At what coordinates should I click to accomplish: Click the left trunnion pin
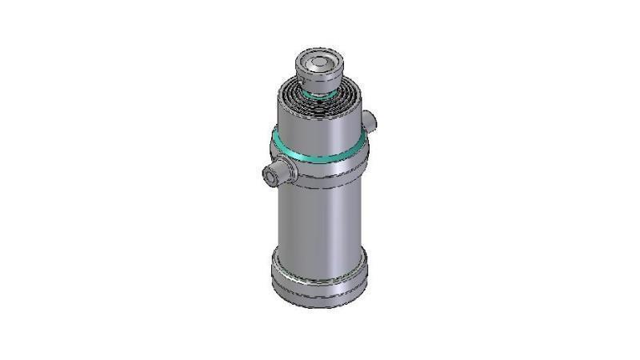(x=277, y=173)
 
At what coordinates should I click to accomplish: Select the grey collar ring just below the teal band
(x=320, y=171)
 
